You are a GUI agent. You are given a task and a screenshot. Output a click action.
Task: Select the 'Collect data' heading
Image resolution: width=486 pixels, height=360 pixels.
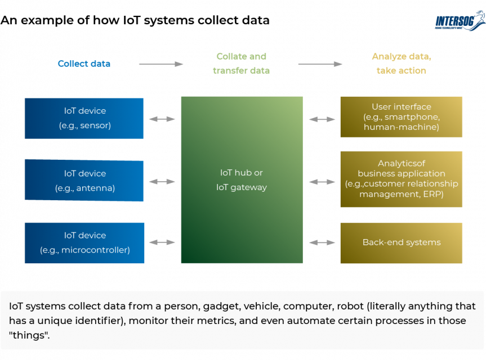[84, 64]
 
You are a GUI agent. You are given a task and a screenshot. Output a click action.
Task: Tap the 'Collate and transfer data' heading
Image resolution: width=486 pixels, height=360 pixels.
[241, 64]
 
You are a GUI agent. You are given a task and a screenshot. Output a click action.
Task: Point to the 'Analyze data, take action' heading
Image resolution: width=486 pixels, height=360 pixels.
[401, 64]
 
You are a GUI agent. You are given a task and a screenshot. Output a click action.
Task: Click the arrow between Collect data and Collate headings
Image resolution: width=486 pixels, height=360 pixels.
[161, 64]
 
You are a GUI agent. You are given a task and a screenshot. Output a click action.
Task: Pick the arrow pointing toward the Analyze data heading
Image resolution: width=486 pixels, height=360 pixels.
[320, 64]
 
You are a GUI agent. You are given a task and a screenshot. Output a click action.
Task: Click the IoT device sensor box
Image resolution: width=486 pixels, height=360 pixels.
[84, 118]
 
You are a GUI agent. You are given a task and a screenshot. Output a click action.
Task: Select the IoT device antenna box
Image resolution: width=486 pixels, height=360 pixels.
[84, 181]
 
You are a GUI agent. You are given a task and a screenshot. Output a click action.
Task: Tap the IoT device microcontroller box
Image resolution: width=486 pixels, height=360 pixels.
[84, 243]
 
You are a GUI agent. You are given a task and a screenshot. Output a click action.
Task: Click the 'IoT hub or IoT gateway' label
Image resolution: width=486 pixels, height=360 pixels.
[241, 180]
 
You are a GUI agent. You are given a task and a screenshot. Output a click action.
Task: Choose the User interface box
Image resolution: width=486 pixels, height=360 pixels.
[401, 117]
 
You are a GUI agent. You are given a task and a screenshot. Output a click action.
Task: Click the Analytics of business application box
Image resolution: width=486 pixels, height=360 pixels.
[401, 179]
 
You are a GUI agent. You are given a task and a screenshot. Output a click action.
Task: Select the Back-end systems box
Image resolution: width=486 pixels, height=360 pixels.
[401, 243]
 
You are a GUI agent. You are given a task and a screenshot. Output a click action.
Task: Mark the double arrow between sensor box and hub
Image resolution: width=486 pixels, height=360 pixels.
[162, 119]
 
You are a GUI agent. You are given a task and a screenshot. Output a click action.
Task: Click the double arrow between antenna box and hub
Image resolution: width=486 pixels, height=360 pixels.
[162, 182]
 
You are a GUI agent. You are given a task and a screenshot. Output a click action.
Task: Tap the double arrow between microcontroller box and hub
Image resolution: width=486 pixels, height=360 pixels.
[162, 242]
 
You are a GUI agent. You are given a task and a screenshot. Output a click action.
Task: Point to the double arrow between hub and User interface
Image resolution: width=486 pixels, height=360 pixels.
[322, 119]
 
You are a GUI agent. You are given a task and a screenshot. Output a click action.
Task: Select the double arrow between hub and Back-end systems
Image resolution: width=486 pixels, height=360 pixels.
[322, 242]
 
